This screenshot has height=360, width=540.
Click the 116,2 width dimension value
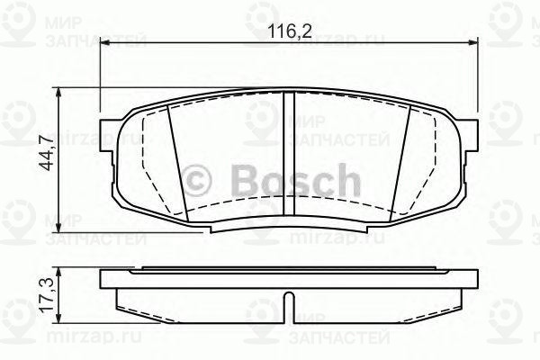(287, 32)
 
